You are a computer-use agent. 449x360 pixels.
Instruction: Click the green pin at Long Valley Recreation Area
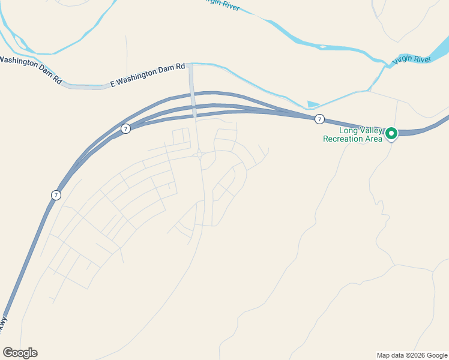tap(391, 133)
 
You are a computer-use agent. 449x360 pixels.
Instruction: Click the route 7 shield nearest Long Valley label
tap(320, 119)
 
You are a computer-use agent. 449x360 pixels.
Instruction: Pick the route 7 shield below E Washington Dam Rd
tap(125, 128)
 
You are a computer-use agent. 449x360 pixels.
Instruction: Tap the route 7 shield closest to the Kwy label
tap(56, 195)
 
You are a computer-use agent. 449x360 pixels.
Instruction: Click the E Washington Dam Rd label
tap(148, 76)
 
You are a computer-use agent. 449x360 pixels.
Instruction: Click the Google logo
tap(20, 353)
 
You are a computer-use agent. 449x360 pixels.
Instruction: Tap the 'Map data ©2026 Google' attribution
tap(412, 355)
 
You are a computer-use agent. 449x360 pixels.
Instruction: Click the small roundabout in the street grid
tap(199, 154)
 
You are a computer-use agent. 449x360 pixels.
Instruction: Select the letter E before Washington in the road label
tap(112, 85)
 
